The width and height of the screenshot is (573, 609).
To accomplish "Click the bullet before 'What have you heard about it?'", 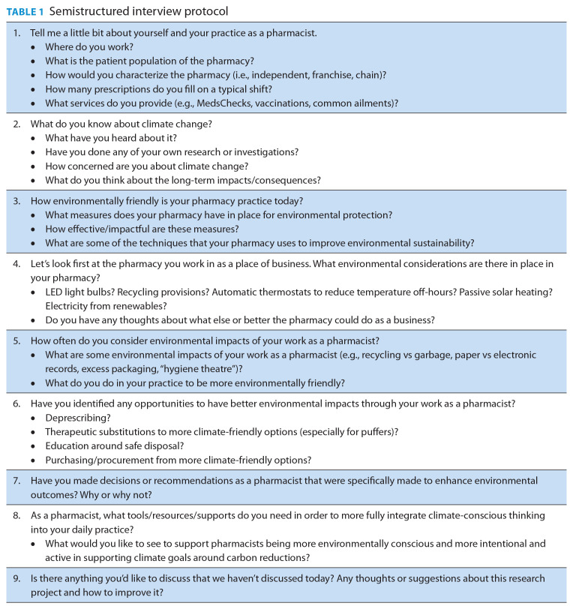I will point(34,139).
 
